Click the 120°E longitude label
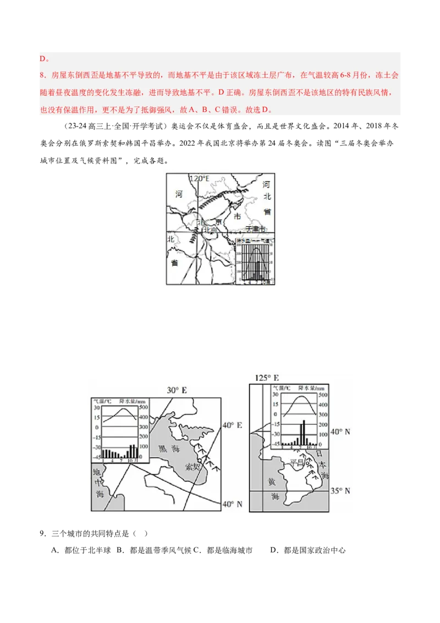200,179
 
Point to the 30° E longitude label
177,390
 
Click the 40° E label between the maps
233,425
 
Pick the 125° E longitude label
267,378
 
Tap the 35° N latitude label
339,490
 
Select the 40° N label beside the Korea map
339,431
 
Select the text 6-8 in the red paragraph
348,75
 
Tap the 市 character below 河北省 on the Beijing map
238,217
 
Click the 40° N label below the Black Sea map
232,504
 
